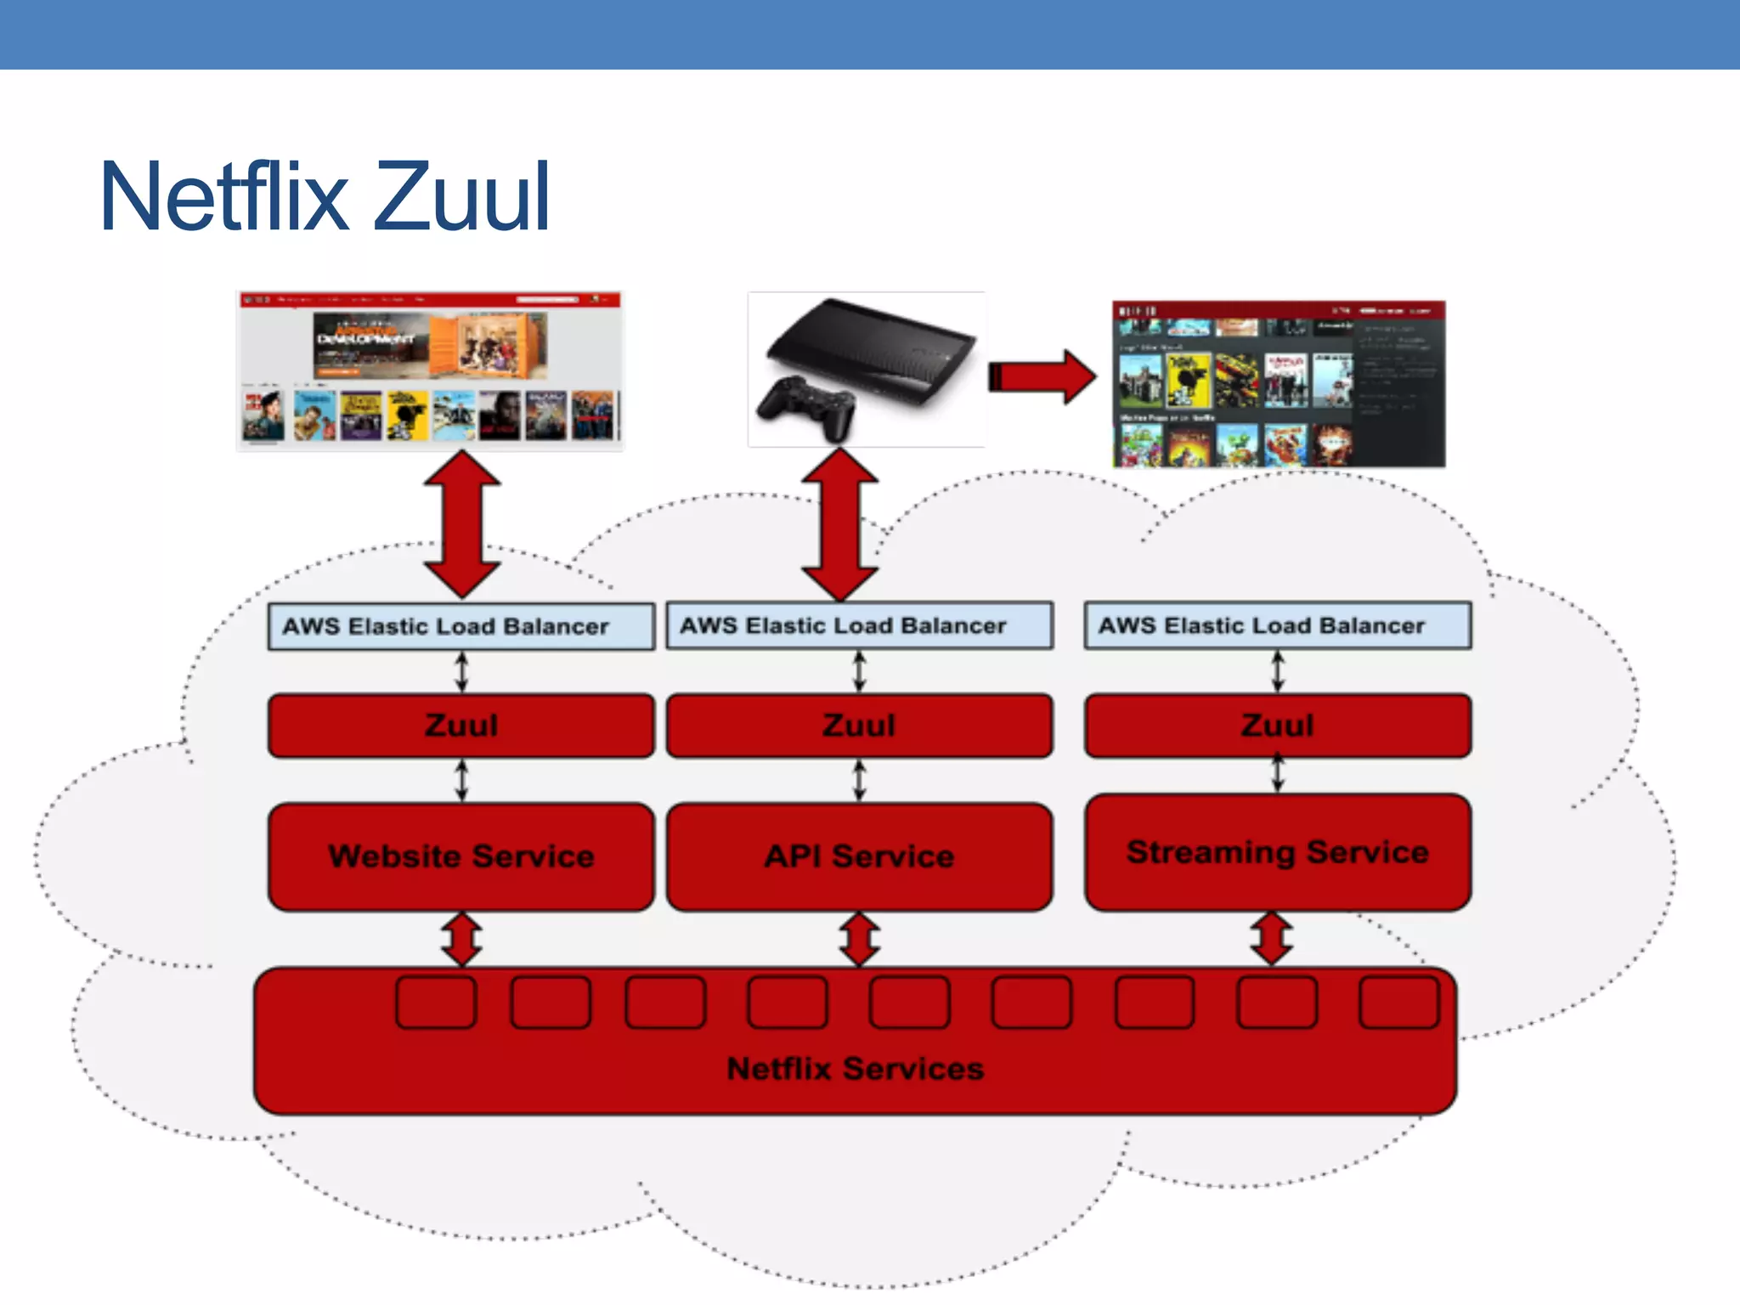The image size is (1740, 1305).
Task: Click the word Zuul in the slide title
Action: [x=461, y=197]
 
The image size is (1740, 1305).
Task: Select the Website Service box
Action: [x=461, y=856]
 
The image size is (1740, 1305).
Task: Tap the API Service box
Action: [x=859, y=856]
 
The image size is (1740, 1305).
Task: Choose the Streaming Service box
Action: [x=1277, y=852]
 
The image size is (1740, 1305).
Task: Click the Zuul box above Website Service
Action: [x=461, y=726]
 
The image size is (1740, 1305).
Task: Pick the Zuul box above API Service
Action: [x=859, y=726]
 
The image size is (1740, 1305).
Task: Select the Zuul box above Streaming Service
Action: [x=1277, y=726]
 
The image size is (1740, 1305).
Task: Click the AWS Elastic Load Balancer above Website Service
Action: [x=461, y=626]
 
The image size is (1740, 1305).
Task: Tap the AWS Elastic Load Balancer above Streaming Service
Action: [x=1277, y=625]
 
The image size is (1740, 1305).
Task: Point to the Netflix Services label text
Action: [x=855, y=1068]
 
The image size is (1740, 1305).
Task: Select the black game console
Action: [x=875, y=348]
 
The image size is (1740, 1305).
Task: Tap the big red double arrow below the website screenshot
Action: [x=461, y=524]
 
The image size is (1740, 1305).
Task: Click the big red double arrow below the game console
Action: [x=839, y=524]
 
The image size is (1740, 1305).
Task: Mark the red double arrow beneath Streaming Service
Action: [x=1271, y=939]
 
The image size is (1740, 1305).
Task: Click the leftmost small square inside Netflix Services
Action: [x=436, y=1003]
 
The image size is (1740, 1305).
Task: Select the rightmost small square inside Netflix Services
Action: [x=1398, y=1003]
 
